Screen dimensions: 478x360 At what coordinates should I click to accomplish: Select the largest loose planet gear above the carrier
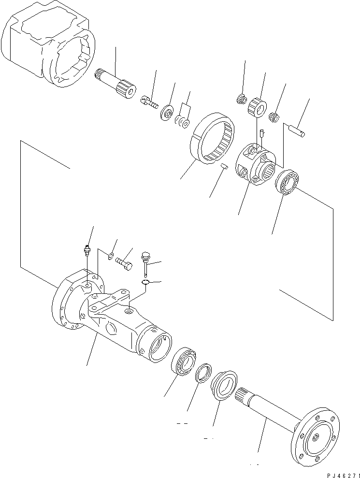pos(258,106)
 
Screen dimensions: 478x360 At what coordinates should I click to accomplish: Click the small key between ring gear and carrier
pos(224,167)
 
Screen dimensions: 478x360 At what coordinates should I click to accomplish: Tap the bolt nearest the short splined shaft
pos(150,102)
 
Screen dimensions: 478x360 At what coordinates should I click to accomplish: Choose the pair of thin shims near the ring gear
pos(182,122)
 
